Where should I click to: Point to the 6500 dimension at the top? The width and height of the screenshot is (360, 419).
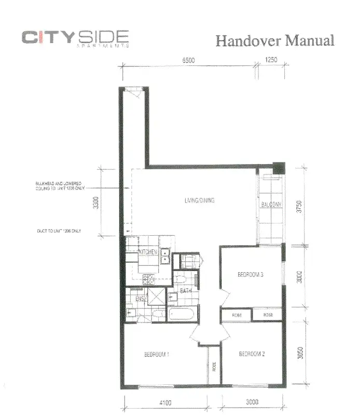point(188,60)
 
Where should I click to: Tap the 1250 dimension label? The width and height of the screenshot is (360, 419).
point(271,60)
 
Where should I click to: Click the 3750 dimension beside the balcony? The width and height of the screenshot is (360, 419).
point(297,206)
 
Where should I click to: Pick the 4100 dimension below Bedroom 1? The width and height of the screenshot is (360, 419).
point(165,402)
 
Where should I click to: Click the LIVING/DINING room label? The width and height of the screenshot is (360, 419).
point(199,200)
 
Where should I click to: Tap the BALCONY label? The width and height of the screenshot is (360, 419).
point(271,205)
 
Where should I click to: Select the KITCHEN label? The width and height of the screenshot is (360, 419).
point(148,252)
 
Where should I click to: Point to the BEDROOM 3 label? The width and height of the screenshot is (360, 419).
point(252,275)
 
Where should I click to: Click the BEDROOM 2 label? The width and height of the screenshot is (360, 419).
point(252,355)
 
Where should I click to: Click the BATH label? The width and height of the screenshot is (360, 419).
point(186,291)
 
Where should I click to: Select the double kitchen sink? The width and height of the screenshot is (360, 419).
point(167,254)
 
